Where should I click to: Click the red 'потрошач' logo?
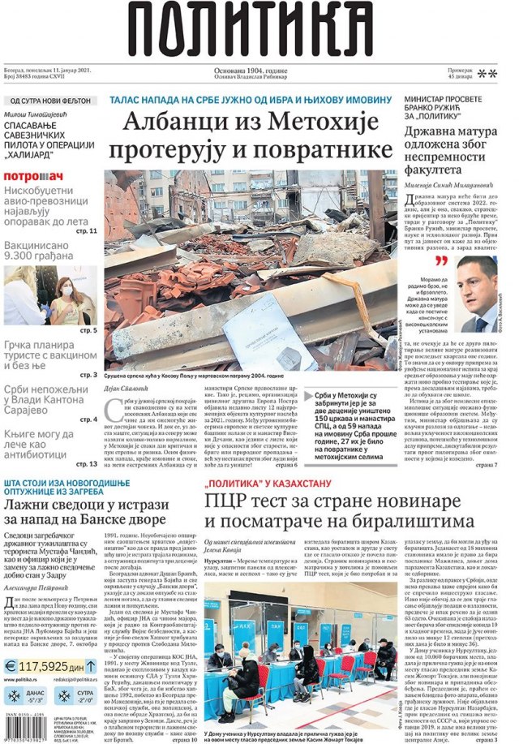33,176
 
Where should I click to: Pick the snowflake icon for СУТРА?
62,695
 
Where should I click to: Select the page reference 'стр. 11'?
88,231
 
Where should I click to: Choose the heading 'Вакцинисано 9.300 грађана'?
45,251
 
